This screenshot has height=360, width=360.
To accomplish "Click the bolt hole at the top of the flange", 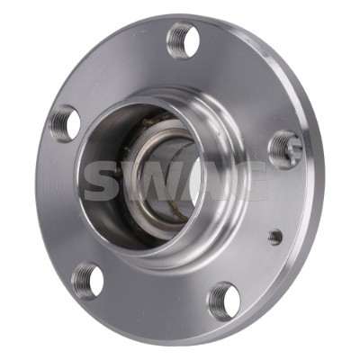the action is click(183, 40).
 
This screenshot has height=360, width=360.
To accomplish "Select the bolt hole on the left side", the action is click(64, 123).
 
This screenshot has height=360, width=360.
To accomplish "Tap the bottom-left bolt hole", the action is click(88, 280).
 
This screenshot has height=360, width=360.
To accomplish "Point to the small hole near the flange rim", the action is click(274, 238).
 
